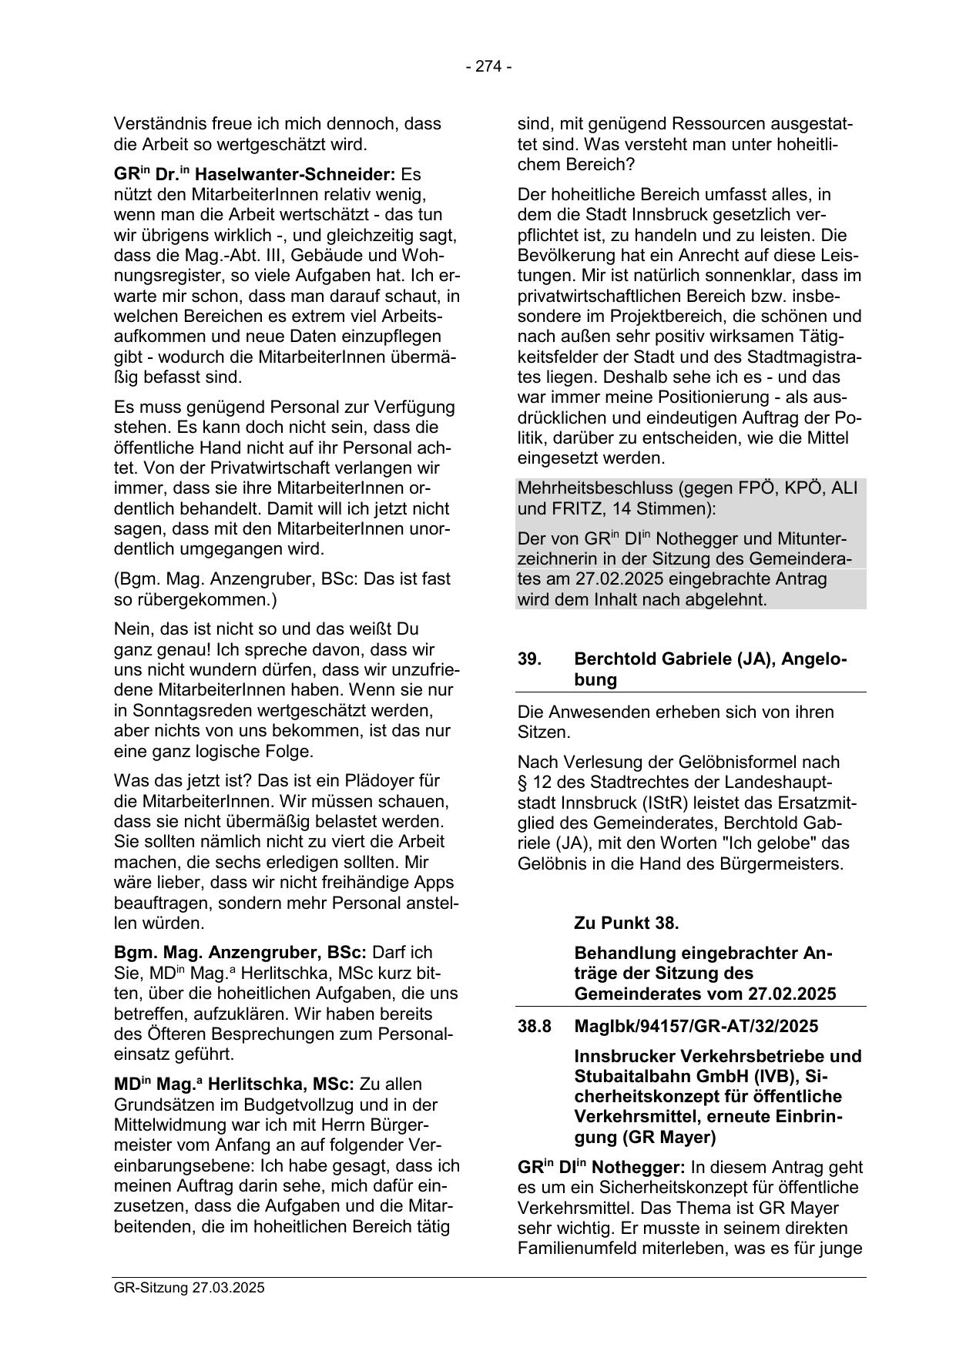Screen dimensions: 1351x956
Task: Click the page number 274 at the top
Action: click(x=488, y=67)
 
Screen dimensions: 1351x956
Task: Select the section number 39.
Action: click(x=529, y=659)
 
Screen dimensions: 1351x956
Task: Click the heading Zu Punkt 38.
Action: click(x=626, y=923)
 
